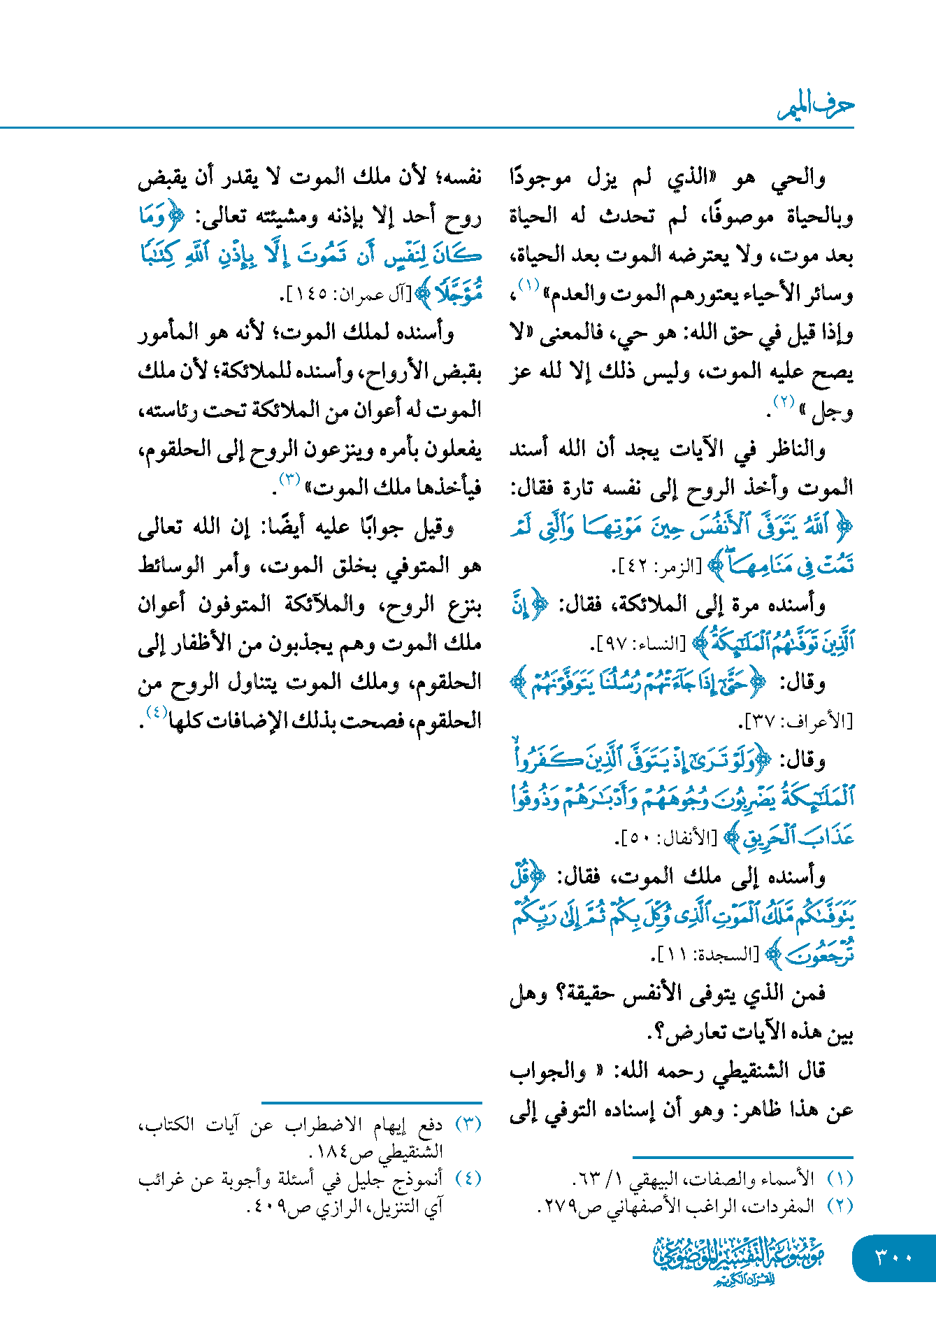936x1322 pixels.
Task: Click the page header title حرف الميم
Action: (x=816, y=106)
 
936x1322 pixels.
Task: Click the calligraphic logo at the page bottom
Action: (x=739, y=1260)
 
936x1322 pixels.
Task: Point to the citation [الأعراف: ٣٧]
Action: (x=797, y=720)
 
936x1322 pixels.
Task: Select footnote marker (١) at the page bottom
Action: (x=840, y=1179)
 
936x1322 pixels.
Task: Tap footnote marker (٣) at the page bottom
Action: (x=468, y=1124)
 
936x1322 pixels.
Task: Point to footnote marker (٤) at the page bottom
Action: (x=468, y=1179)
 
